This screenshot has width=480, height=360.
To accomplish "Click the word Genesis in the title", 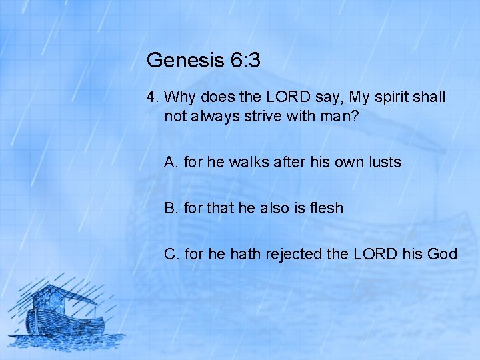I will point(185,61).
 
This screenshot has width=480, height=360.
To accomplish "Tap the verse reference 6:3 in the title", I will point(245,61).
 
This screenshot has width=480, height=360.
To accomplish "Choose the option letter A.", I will point(170,162).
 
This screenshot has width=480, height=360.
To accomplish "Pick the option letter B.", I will point(170,208).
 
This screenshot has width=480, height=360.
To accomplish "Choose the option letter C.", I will point(171,254).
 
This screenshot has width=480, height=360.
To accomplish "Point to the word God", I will point(443,254).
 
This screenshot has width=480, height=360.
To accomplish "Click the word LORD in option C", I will point(379,254).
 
